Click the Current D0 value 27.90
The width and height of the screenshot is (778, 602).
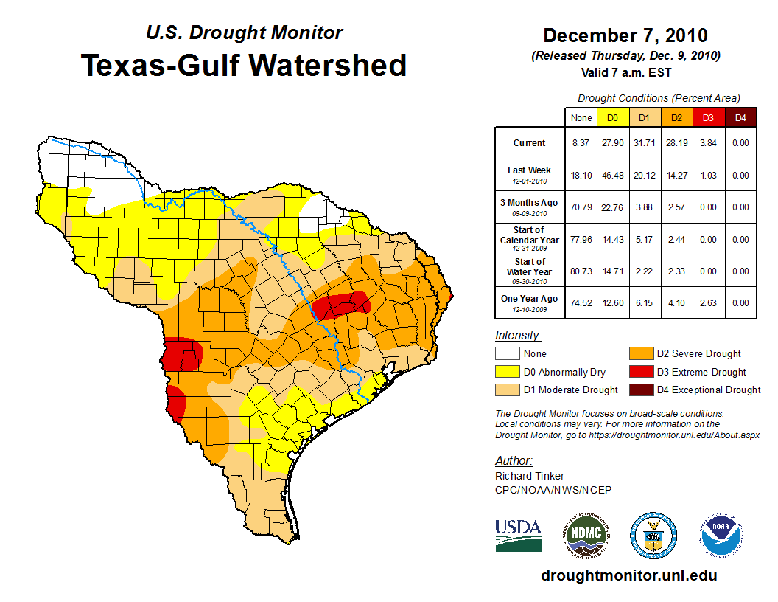pyautogui.click(x=612, y=143)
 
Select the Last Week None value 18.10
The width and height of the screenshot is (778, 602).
pyautogui.click(x=581, y=176)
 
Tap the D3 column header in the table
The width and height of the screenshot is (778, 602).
pyautogui.click(x=707, y=117)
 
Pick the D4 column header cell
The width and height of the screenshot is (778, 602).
pyautogui.click(x=740, y=117)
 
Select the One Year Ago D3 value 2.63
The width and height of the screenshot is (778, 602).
pyautogui.click(x=707, y=302)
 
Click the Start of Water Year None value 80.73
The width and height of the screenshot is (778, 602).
pyautogui.click(x=581, y=271)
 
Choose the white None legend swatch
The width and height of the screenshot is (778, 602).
pyautogui.click(x=506, y=354)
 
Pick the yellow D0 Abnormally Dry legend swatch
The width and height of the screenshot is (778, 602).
pyautogui.click(x=506, y=372)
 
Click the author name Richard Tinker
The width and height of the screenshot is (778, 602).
pyautogui.click(x=530, y=476)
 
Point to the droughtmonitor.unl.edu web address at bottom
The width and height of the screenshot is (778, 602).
pyautogui.click(x=628, y=575)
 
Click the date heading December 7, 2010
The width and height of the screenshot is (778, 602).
pyautogui.click(x=625, y=35)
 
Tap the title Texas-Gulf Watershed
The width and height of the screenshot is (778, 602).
pyautogui.click(x=244, y=65)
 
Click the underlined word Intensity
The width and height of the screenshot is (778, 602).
pyautogui.click(x=518, y=336)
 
